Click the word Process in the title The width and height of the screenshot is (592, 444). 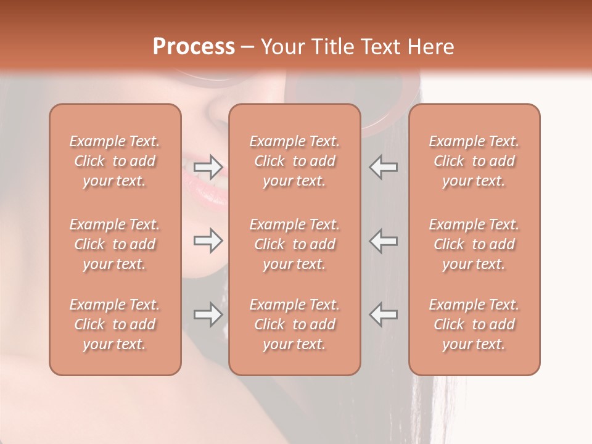pyautogui.click(x=194, y=47)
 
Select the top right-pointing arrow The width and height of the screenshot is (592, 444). pyautogui.click(x=208, y=166)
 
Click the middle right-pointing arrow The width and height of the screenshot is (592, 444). pyautogui.click(x=208, y=240)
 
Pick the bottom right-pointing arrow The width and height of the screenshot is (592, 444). pyautogui.click(x=208, y=314)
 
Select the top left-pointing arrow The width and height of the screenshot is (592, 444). pyautogui.click(x=383, y=166)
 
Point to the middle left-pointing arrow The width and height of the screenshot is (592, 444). pyautogui.click(x=383, y=240)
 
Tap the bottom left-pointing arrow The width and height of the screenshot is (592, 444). pyautogui.click(x=383, y=314)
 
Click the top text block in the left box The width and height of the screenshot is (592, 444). pyautogui.click(x=115, y=161)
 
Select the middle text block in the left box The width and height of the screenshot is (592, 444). pyautogui.click(x=115, y=244)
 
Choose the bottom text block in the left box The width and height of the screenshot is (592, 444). pyautogui.click(x=115, y=324)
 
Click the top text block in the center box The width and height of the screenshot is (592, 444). pyautogui.click(x=294, y=161)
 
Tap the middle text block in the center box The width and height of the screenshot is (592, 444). pyautogui.click(x=294, y=244)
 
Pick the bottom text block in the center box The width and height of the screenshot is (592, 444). pyautogui.click(x=294, y=324)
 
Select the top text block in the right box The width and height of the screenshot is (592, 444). pyautogui.click(x=474, y=161)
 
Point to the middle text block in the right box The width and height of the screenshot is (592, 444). pyautogui.click(x=474, y=244)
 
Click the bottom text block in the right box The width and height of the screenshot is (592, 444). pyautogui.click(x=474, y=324)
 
